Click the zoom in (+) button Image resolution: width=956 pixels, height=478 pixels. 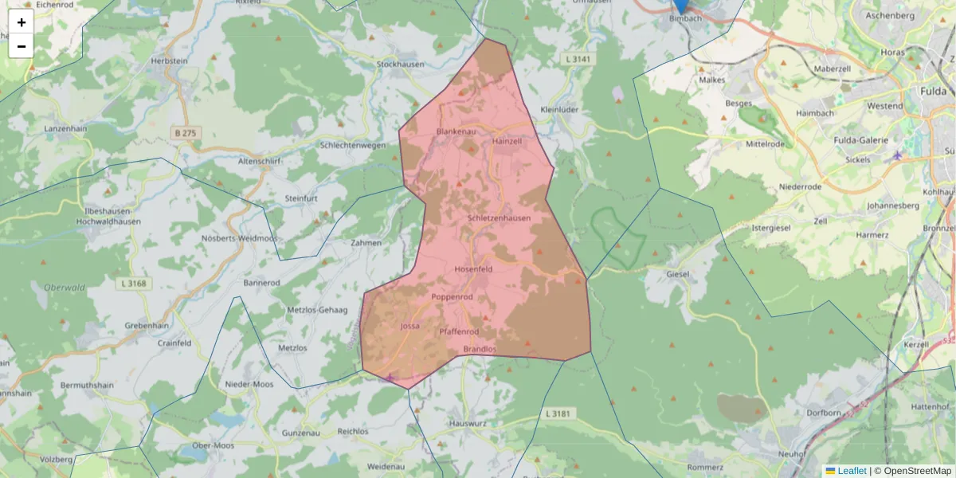pyautogui.click(x=22, y=22)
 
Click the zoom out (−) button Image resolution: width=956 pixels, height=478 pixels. pyautogui.click(x=22, y=46)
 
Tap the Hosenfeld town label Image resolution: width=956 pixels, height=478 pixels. pyautogui.click(x=473, y=269)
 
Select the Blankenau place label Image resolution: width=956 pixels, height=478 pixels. pyautogui.click(x=456, y=131)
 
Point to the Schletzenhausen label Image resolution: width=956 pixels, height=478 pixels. pyautogui.click(x=500, y=218)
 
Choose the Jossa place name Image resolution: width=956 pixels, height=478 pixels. pyautogui.click(x=409, y=326)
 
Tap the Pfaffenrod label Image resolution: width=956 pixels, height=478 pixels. pyautogui.click(x=458, y=331)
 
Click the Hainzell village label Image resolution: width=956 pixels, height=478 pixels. pyautogui.click(x=507, y=140)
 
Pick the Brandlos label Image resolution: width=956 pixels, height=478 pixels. pyautogui.click(x=480, y=349)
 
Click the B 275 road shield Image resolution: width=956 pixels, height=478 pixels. pyautogui.click(x=185, y=132)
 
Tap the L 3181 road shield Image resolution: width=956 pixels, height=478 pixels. pyautogui.click(x=559, y=413)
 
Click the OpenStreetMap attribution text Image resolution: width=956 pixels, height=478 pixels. pyautogui.click(x=912, y=471)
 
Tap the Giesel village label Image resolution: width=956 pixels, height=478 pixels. pyautogui.click(x=678, y=275)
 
